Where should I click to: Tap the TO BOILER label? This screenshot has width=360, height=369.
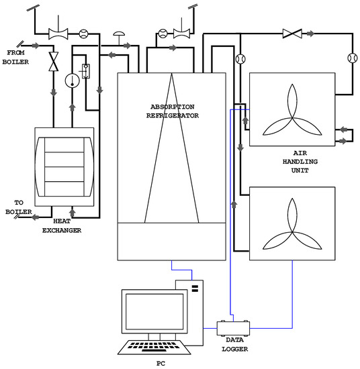[x=16, y=207]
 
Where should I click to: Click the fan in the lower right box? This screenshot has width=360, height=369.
[x=291, y=224]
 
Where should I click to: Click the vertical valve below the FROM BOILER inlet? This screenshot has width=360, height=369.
[x=52, y=61]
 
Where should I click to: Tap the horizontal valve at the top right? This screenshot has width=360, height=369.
[x=292, y=32]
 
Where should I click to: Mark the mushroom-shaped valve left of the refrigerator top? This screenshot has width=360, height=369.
[x=120, y=32]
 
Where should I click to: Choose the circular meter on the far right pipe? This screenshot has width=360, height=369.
[x=350, y=59]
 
